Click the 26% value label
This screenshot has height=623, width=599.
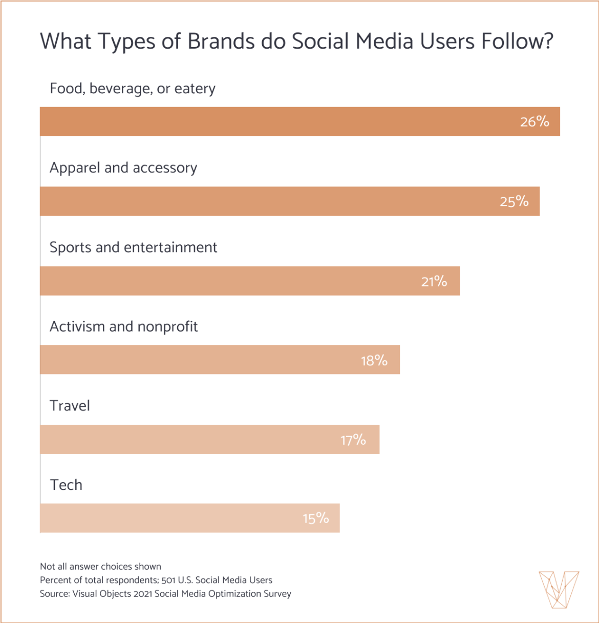(534, 121)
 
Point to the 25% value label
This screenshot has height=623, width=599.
(514, 201)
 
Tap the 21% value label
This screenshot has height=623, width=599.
(434, 281)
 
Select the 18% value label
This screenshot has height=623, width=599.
(374, 361)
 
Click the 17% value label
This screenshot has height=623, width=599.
(353, 440)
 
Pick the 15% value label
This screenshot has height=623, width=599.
(315, 518)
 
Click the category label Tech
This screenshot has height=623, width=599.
(66, 485)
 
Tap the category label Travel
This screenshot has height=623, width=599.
(70, 406)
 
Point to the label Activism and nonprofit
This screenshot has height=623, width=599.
(123, 327)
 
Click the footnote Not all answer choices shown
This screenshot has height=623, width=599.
(100, 567)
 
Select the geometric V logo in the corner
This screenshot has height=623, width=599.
(559, 590)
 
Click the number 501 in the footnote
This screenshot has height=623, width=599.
(168, 580)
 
